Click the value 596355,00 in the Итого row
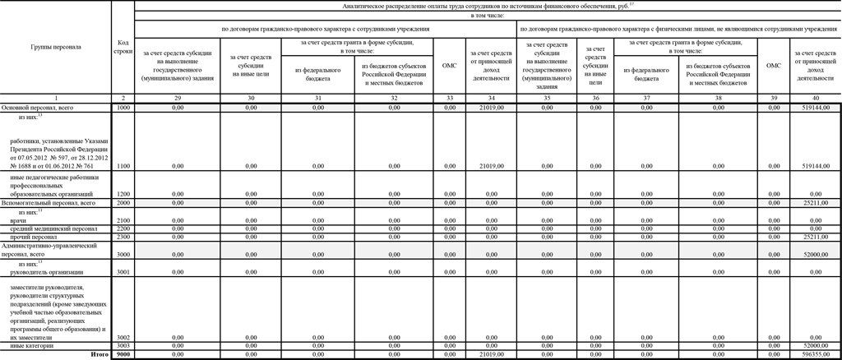(x=815, y=353)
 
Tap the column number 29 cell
(x=179, y=99)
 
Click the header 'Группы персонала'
(x=55, y=46)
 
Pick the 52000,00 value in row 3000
(x=815, y=256)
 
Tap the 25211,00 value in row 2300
(x=815, y=237)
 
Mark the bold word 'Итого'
(x=99, y=353)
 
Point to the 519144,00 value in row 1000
(x=813, y=108)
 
